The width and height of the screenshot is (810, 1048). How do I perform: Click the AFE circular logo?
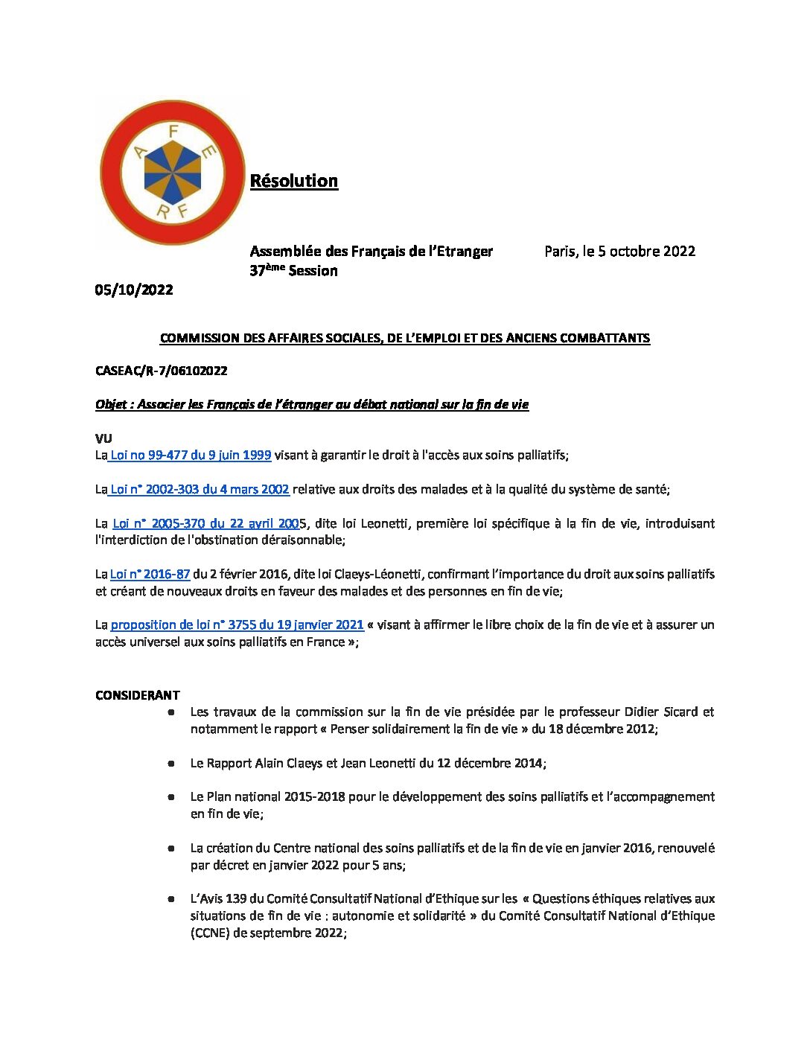click(x=172, y=173)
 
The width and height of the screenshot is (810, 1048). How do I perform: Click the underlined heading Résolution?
click(x=294, y=181)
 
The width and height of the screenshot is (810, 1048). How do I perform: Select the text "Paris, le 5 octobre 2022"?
click(x=619, y=251)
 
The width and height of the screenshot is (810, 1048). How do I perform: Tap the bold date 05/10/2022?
click(x=134, y=290)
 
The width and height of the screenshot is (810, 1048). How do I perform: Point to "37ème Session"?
click(x=293, y=271)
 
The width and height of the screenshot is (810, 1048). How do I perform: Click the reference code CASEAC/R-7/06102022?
click(x=162, y=371)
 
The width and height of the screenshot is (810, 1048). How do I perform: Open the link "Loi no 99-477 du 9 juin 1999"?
click(x=191, y=455)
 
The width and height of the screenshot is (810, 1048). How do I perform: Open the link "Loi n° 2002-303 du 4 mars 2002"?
click(x=200, y=489)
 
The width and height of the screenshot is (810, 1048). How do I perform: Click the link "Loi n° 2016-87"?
click(x=150, y=574)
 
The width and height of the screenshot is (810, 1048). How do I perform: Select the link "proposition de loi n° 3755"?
click(x=237, y=624)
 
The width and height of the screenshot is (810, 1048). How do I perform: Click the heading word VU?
click(x=103, y=438)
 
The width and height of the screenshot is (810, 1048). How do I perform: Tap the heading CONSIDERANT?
click(x=138, y=695)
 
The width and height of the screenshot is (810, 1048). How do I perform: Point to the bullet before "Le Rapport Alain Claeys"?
click(x=171, y=763)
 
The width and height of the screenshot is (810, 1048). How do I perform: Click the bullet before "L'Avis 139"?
click(x=171, y=898)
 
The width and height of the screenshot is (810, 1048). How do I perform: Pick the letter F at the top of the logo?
click(x=173, y=130)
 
